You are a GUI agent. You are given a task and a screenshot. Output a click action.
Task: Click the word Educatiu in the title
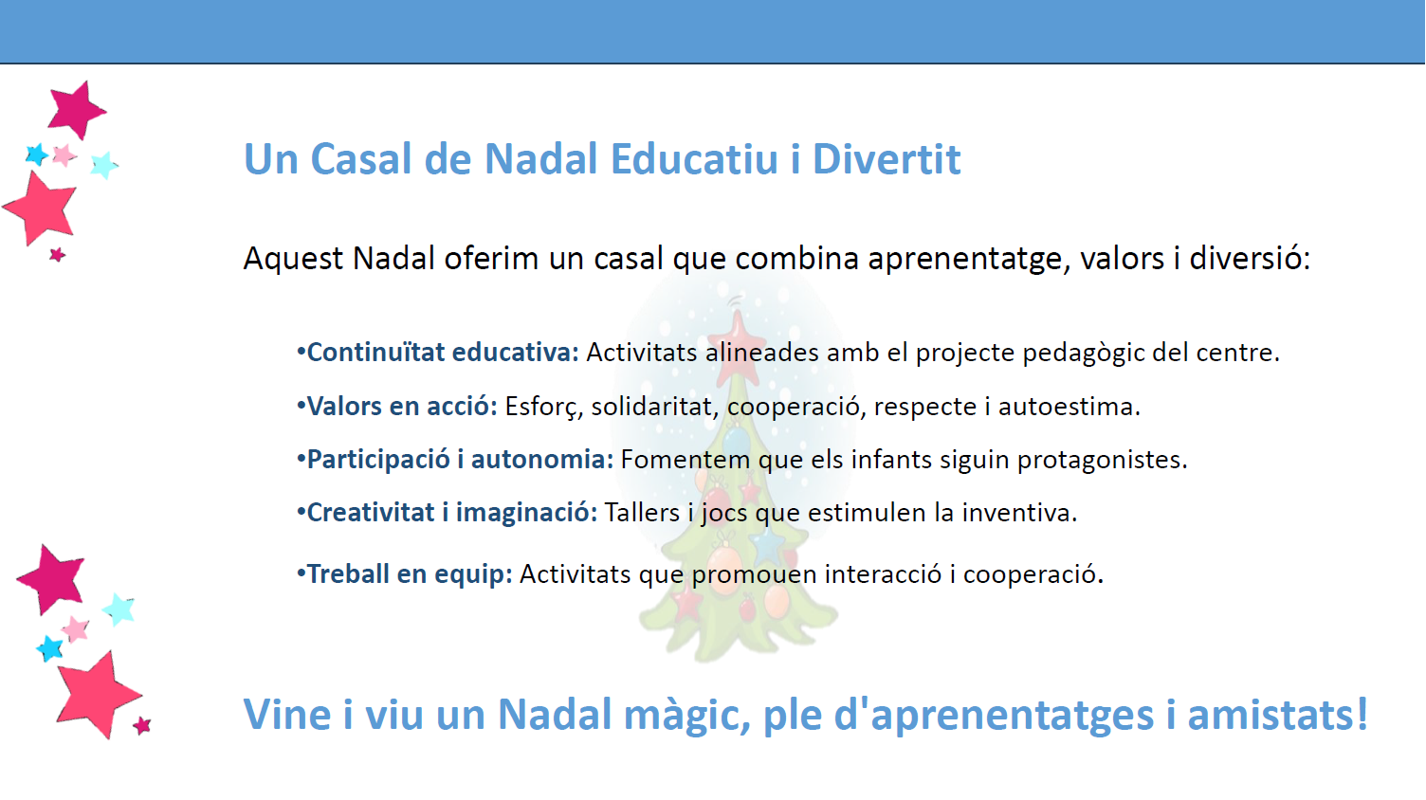pos(694,158)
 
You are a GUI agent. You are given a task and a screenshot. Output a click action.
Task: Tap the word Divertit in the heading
pos(887,158)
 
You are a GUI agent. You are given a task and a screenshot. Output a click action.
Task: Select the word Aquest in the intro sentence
pos(293,260)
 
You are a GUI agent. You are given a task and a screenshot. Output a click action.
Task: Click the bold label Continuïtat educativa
pos(443,352)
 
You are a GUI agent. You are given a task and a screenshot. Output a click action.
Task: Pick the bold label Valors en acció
pos(402,406)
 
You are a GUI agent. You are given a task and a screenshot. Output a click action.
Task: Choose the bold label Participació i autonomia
pos(460,460)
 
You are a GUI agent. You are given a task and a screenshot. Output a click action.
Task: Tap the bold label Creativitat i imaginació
pos(452,513)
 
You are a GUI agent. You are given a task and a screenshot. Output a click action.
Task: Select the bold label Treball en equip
pos(410,574)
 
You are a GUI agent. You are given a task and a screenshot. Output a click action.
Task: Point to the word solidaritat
pos(651,406)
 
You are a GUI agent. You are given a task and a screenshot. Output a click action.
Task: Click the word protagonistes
pos(1102,460)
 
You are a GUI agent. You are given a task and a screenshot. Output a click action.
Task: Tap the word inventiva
pos(1019,513)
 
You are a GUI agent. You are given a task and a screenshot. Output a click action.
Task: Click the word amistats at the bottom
pos(1278,714)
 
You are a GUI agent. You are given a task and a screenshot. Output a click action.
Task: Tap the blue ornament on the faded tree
pos(736,440)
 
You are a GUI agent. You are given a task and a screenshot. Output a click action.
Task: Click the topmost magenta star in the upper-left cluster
pos(76,110)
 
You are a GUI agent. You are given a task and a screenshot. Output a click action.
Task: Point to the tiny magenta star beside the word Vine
pos(142,725)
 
